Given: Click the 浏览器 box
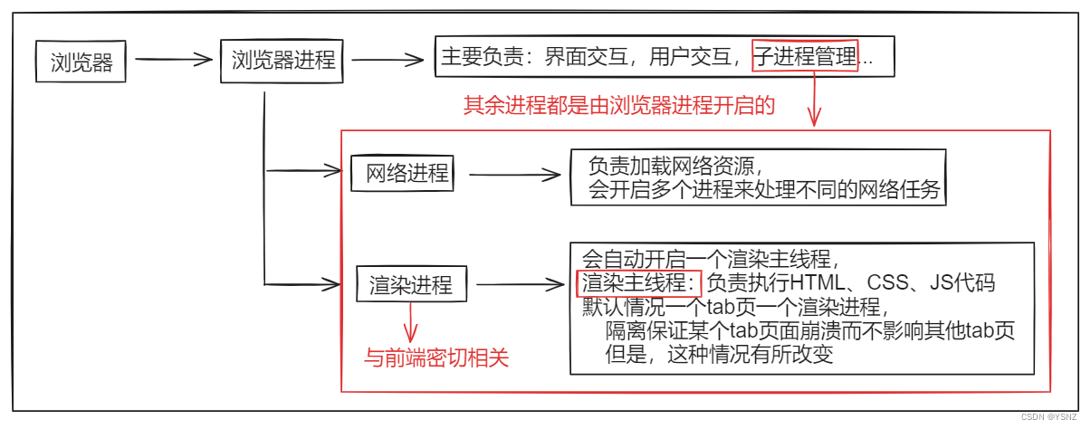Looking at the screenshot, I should (81, 63).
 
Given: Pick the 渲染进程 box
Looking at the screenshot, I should (411, 285).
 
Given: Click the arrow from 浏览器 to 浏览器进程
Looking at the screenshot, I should (173, 62).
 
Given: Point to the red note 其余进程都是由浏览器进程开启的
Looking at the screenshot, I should (619, 105).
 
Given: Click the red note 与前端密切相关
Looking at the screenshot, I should (436, 357).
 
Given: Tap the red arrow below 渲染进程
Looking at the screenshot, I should (413, 321).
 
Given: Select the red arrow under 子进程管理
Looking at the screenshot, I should (815, 100).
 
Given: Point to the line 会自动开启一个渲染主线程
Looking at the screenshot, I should (715, 257).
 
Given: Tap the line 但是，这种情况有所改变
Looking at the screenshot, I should (719, 355).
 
